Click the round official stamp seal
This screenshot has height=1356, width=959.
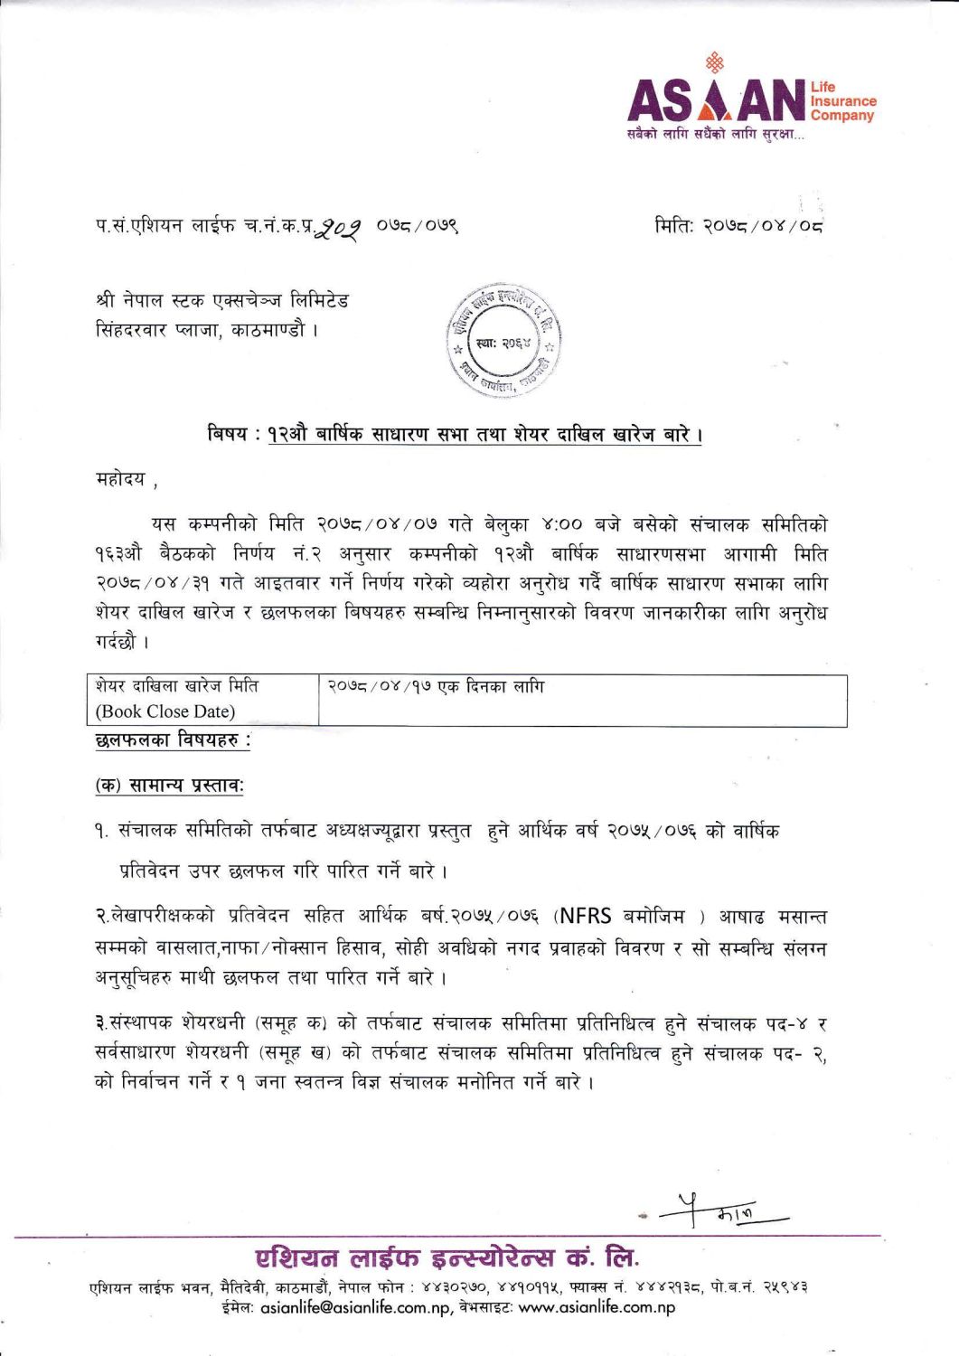click(503, 343)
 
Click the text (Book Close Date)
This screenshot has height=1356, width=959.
click(165, 711)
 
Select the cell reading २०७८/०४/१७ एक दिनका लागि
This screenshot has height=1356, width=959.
click(436, 687)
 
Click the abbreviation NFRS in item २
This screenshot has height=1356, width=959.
click(588, 917)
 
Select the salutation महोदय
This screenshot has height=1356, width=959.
click(120, 478)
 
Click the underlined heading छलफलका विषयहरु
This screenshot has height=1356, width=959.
click(172, 741)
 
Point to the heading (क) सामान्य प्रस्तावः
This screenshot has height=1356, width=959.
click(169, 786)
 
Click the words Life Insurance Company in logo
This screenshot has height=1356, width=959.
click(842, 101)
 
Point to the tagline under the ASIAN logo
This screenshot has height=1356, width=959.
click(715, 135)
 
